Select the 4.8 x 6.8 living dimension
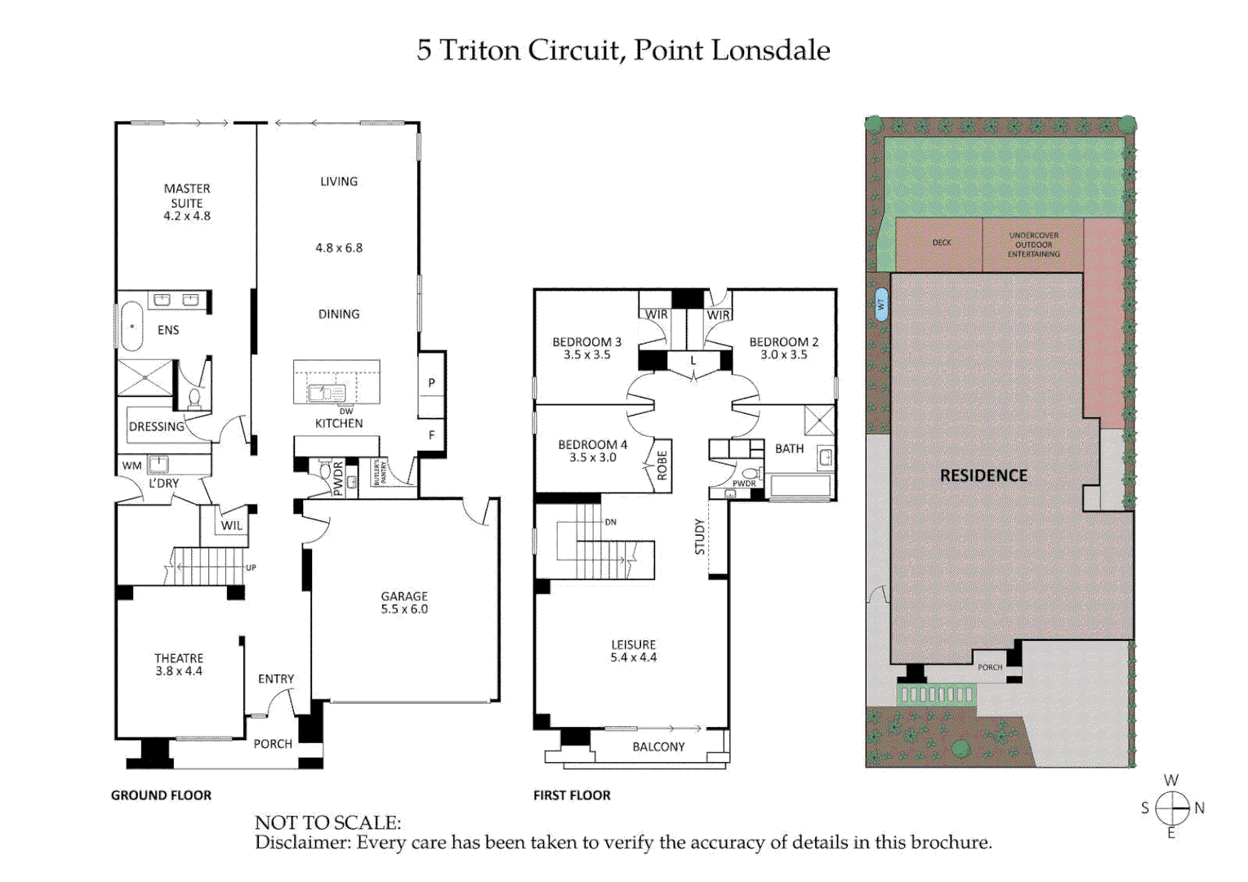point(339,248)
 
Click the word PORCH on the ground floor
point(273,744)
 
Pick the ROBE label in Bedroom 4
point(662,465)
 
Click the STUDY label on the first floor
point(700,537)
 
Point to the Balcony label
point(658,747)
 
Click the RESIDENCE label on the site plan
point(983,475)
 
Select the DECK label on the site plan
point(942,243)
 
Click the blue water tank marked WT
point(880,305)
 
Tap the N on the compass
point(1199,808)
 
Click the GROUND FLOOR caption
point(161,795)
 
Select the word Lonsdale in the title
point(770,51)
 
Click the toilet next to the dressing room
point(194,398)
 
